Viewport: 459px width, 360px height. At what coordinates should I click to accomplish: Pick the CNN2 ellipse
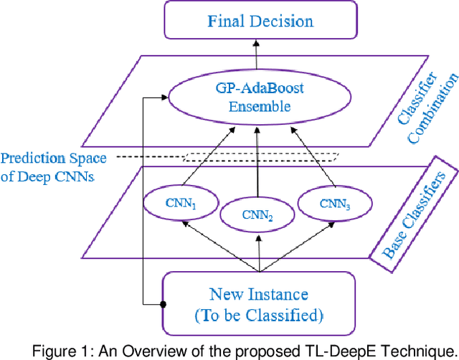click(256, 213)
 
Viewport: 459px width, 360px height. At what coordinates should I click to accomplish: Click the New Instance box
click(259, 304)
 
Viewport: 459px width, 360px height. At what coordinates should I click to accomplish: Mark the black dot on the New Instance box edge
click(164, 304)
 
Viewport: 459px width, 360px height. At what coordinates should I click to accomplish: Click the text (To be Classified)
click(259, 314)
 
